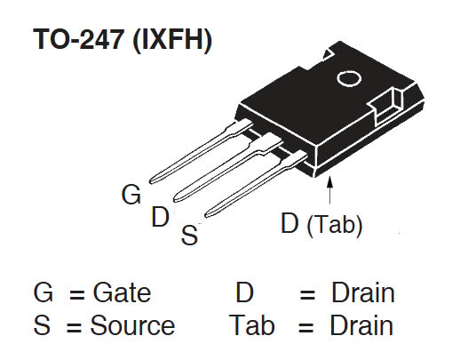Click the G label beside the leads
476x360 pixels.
tap(131, 195)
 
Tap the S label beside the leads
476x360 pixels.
tap(189, 236)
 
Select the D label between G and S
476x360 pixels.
tap(160, 216)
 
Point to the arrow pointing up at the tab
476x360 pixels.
tap(331, 192)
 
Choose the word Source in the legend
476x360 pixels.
tap(132, 325)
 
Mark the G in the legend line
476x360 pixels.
tap(44, 293)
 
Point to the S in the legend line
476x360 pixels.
tap(42, 325)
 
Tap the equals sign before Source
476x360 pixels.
tap(75, 326)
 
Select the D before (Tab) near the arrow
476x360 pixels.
tap(290, 224)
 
